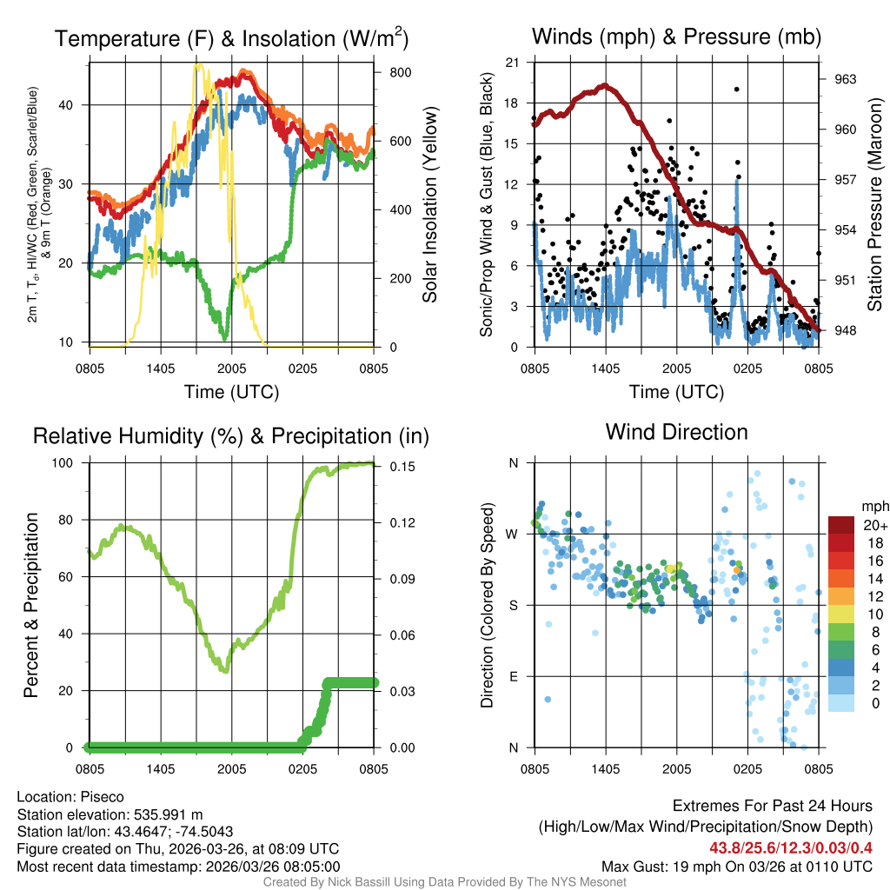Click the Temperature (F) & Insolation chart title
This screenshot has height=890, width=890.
pos(231,38)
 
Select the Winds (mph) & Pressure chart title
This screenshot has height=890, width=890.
pos(676,37)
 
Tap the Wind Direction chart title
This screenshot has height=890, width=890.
pos(676,432)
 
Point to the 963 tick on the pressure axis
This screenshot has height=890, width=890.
pos(846,79)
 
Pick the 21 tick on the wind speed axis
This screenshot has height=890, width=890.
pos(513,63)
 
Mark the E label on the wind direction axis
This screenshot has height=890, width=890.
pos(513,676)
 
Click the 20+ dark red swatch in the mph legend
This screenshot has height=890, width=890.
pos(842,525)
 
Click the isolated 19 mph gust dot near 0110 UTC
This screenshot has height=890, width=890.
pos(736,89)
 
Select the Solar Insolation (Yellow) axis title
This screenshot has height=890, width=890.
pos(430,205)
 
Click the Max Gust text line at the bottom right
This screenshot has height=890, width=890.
pos(737,867)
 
